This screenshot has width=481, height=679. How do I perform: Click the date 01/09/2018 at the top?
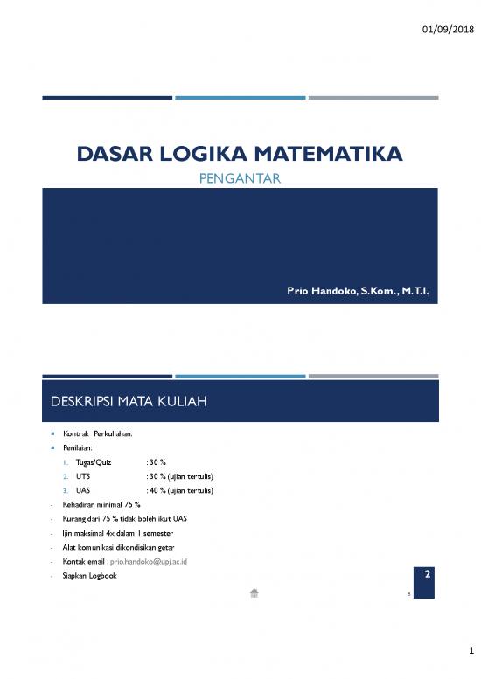coord(447,30)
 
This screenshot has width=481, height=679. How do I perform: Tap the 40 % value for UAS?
coord(155,490)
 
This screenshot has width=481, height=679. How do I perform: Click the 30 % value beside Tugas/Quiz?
coord(157,461)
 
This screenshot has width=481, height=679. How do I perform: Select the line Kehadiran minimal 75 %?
coord(101,504)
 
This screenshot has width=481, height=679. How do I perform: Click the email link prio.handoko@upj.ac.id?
coord(148,561)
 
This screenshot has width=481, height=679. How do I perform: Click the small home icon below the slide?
coord(254,592)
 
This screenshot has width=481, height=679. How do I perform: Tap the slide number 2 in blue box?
coord(426,575)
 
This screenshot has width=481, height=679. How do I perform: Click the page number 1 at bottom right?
coord(469,650)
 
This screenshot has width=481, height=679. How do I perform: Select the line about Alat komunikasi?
coord(122,547)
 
